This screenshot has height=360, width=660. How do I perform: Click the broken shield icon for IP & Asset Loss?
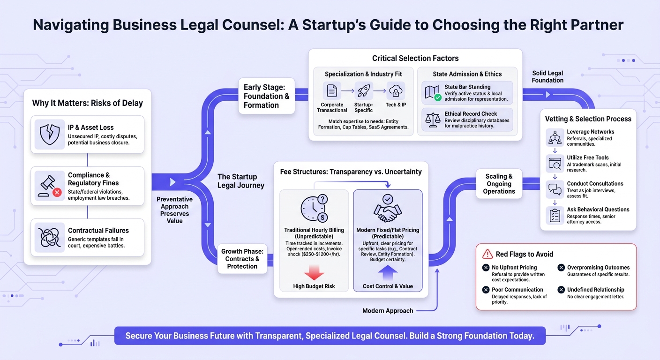[x=50, y=135]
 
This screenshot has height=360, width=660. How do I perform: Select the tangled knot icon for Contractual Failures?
[x=50, y=238]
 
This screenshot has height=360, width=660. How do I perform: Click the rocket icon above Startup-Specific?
[x=364, y=90]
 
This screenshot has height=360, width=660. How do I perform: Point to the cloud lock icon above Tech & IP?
[x=396, y=91]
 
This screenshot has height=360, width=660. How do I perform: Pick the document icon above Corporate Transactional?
[x=332, y=91]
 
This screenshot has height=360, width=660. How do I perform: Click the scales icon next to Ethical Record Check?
[x=433, y=120]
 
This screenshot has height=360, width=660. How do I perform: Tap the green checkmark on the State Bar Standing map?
[x=438, y=97]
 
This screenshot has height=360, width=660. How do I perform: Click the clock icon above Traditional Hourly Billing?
[x=314, y=208]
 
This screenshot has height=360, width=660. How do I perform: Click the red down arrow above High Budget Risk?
[x=314, y=272]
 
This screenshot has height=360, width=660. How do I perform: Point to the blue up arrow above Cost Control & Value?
[x=388, y=272]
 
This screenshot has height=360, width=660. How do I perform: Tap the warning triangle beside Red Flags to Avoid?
[x=487, y=254]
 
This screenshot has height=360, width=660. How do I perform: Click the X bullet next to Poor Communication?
[x=486, y=290]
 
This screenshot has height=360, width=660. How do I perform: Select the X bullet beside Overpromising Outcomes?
[x=561, y=268]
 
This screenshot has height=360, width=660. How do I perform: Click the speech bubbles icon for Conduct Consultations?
[x=555, y=189]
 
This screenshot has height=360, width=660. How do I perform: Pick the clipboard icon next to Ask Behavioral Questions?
[x=555, y=215]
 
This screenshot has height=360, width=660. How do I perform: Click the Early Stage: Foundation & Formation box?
[x=267, y=96]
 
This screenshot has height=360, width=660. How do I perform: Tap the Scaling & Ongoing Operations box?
[x=499, y=184]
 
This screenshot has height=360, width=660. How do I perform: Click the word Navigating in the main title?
[x=70, y=25]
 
